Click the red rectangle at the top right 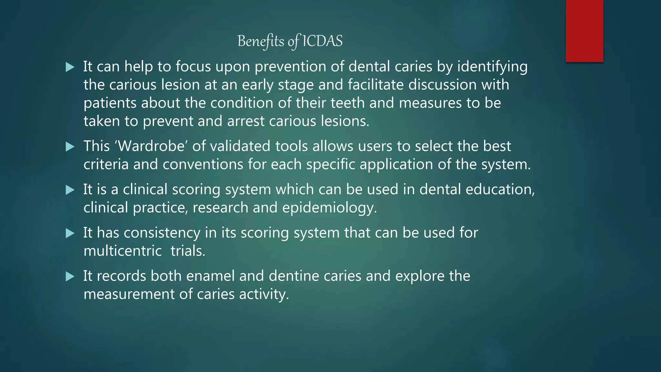(584, 31)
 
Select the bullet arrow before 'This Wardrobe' (70, 147)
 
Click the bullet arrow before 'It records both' (70, 276)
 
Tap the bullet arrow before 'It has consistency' (70, 233)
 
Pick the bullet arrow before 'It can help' (70, 67)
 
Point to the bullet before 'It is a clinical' (70, 190)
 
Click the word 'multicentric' (123, 251)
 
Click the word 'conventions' (203, 165)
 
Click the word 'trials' (188, 251)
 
